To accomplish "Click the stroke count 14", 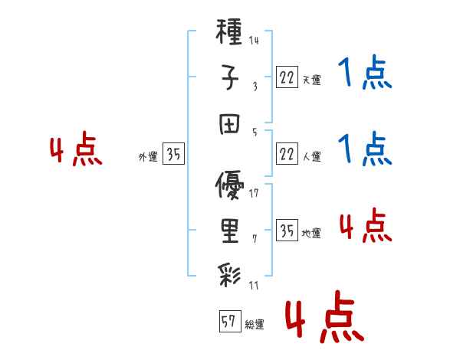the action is pyautogui.click(x=254, y=41).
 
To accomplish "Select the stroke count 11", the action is pyautogui.click(x=254, y=286).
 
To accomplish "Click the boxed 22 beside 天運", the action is pyautogui.click(x=287, y=77).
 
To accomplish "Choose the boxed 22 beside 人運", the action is pyautogui.click(x=287, y=154).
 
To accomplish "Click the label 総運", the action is pyautogui.click(x=255, y=325).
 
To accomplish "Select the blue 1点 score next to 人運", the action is pyautogui.click(x=364, y=149).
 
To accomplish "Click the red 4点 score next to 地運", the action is pyautogui.click(x=364, y=226).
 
